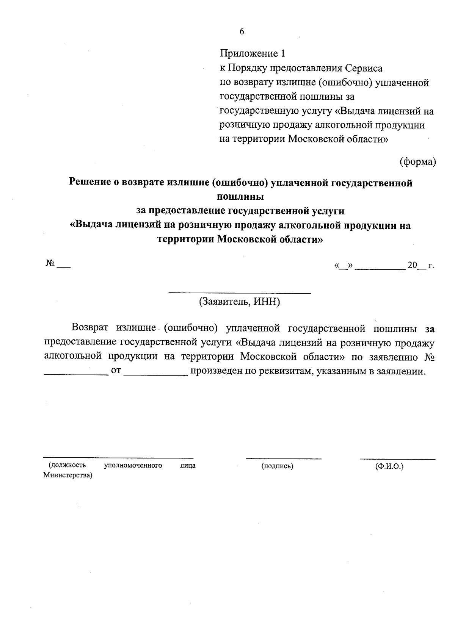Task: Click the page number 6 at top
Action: pos(242,31)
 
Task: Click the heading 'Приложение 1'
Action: pos(252,53)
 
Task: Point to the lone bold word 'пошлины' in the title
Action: pos(240,197)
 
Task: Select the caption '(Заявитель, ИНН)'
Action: pos(239,302)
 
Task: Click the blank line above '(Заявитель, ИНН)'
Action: pos(239,293)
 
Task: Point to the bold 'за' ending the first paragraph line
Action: pos(429,329)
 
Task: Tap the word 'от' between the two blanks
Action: pos(116,371)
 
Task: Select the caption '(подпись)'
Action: pos(277,466)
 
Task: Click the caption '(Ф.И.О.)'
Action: pos(389,466)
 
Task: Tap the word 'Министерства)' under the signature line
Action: pos(68,475)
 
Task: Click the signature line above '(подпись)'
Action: pos(283,459)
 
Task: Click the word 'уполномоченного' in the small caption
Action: pos(133,465)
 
